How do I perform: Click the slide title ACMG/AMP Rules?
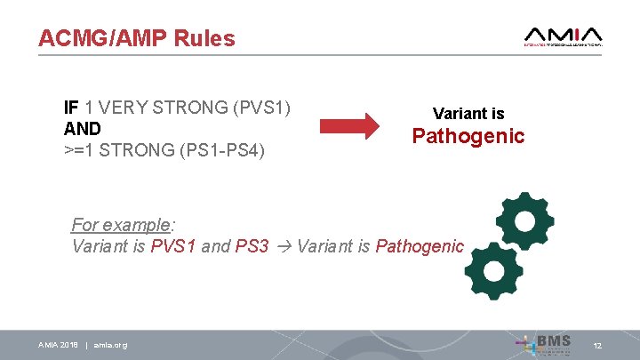point(136,39)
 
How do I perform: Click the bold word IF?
point(71,107)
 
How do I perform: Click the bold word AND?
point(83,128)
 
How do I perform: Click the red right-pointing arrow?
point(348,126)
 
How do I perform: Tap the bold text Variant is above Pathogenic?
point(468,114)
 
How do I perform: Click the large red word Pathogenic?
point(468,136)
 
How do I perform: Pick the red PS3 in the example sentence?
point(252,246)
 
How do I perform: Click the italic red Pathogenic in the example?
point(420,246)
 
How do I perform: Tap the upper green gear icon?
point(524,222)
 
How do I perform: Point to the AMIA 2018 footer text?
point(59,345)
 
